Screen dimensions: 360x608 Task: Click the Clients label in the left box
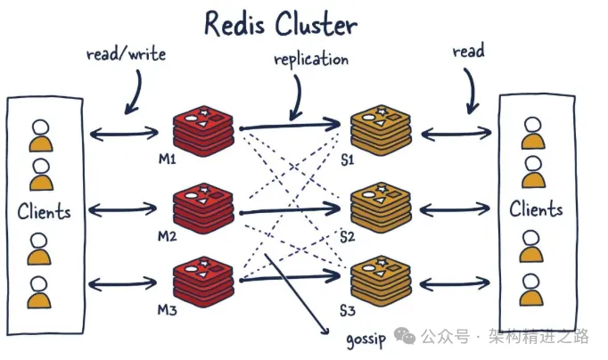tap(43, 212)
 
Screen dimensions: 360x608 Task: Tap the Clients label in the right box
tap(536, 210)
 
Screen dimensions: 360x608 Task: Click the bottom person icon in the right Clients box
tap(531, 288)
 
